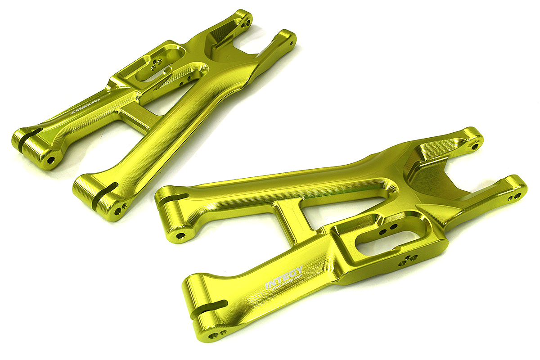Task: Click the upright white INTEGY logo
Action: [x=284, y=279]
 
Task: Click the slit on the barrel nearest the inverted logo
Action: [x=27, y=135]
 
